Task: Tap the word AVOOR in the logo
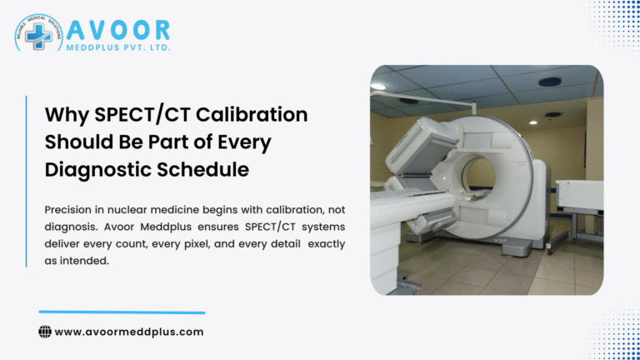(118, 31)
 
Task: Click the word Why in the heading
(66, 114)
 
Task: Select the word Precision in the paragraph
(72, 211)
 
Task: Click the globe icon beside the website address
(45, 332)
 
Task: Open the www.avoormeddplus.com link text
(129, 332)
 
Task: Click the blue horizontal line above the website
(122, 312)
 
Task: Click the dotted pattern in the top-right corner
(617, 21)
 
